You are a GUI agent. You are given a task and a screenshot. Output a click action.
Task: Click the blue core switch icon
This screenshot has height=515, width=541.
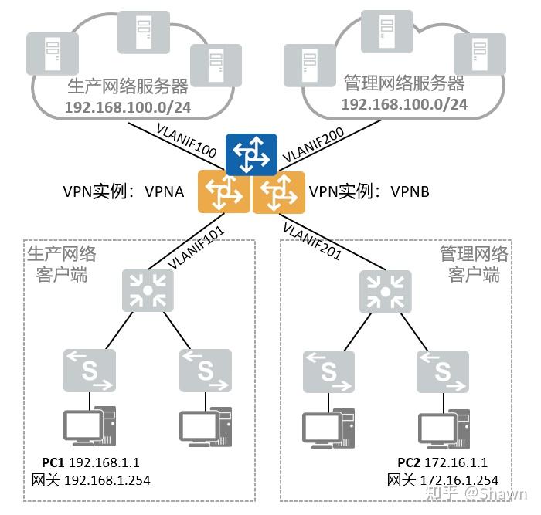pos(251,154)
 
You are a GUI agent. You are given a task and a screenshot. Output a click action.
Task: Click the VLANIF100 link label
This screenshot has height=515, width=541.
pos(186,142)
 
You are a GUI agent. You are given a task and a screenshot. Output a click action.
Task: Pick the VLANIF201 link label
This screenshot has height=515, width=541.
pos(311,240)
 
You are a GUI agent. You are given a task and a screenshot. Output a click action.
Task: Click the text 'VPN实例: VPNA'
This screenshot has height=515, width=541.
pos(124,191)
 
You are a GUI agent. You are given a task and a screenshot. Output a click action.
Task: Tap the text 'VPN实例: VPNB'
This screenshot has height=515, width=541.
pos(369,191)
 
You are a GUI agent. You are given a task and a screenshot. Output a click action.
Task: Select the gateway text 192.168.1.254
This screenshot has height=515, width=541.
pos(110,480)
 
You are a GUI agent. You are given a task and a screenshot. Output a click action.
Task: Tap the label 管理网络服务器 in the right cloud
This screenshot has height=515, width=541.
pos(403,83)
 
